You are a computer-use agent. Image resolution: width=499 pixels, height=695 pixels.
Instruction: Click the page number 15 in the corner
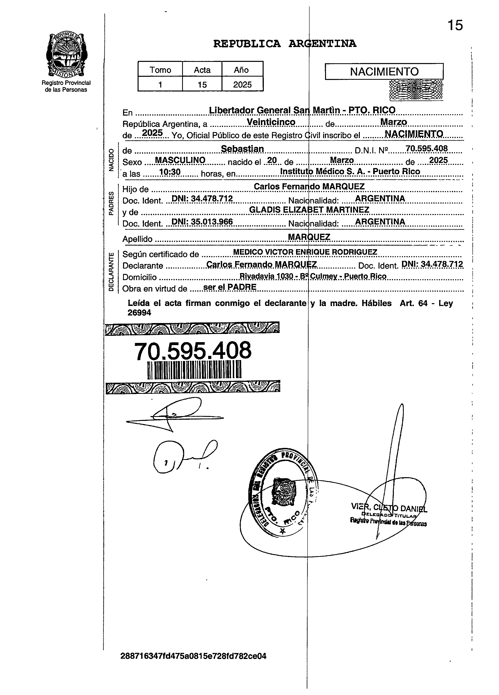455,25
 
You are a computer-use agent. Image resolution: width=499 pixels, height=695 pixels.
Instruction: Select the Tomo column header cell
160,70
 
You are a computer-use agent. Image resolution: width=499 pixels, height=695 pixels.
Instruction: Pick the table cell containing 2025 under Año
242,85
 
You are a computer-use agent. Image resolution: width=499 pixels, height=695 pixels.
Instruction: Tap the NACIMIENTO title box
384,72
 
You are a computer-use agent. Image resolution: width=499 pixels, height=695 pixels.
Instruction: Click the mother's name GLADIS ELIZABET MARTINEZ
309,210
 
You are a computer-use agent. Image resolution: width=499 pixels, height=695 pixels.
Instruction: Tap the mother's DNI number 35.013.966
202,222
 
